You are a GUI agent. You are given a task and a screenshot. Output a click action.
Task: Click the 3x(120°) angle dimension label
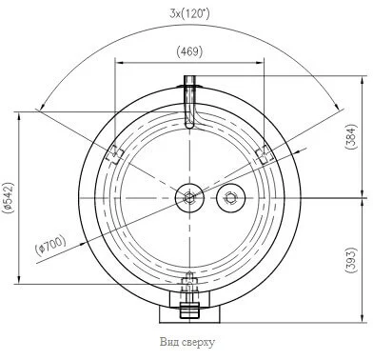point(189,13)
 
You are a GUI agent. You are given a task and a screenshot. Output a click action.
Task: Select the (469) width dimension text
point(189,51)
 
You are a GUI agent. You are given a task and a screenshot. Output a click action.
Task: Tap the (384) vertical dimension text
point(351,136)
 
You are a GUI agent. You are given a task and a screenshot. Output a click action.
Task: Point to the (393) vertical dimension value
point(351,260)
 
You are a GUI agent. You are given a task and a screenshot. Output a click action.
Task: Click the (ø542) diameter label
point(8,197)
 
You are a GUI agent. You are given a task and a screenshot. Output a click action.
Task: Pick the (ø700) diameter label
point(51,246)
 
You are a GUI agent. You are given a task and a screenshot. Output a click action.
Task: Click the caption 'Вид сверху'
point(187,342)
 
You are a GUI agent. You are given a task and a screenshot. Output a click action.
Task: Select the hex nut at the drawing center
point(189,198)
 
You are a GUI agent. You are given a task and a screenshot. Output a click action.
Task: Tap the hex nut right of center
point(230,198)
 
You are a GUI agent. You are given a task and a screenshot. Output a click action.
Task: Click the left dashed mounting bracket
point(114,154)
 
